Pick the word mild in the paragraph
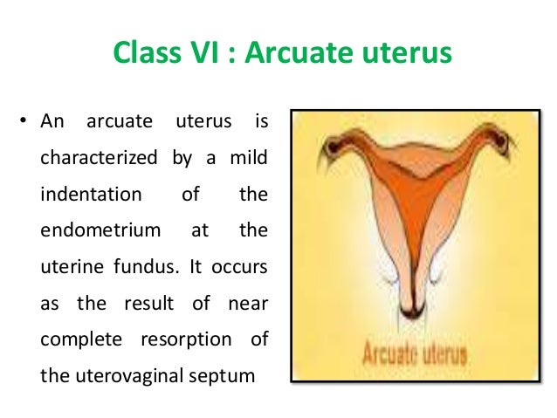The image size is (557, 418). (x=247, y=159)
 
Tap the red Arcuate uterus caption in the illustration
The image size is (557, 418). (x=415, y=357)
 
